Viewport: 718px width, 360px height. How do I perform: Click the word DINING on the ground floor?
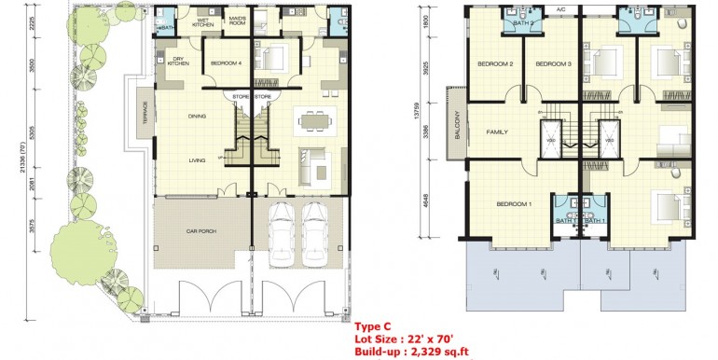(x=197, y=117)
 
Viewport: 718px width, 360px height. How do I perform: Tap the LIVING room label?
(x=197, y=160)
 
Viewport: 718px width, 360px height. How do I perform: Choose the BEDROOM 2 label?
(x=496, y=64)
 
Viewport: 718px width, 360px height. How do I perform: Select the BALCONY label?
(x=458, y=121)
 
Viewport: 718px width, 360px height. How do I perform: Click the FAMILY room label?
(x=497, y=132)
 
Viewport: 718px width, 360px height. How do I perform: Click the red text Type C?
(x=372, y=326)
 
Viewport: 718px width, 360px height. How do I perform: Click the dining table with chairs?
(x=311, y=118)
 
